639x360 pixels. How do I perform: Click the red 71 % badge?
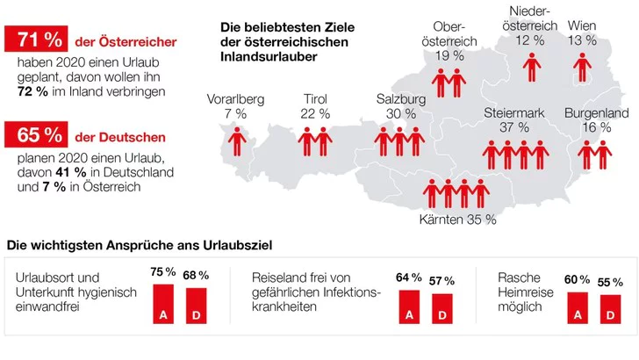[x=35, y=40]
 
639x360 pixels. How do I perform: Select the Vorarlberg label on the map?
[x=234, y=99]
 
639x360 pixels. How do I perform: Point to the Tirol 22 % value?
[x=315, y=114]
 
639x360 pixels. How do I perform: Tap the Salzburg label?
[x=400, y=99]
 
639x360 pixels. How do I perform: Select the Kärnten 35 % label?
[x=460, y=220]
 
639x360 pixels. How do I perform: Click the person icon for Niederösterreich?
[x=530, y=67]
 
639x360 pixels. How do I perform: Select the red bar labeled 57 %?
[x=442, y=307]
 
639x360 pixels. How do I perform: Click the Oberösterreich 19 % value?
[x=456, y=55]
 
